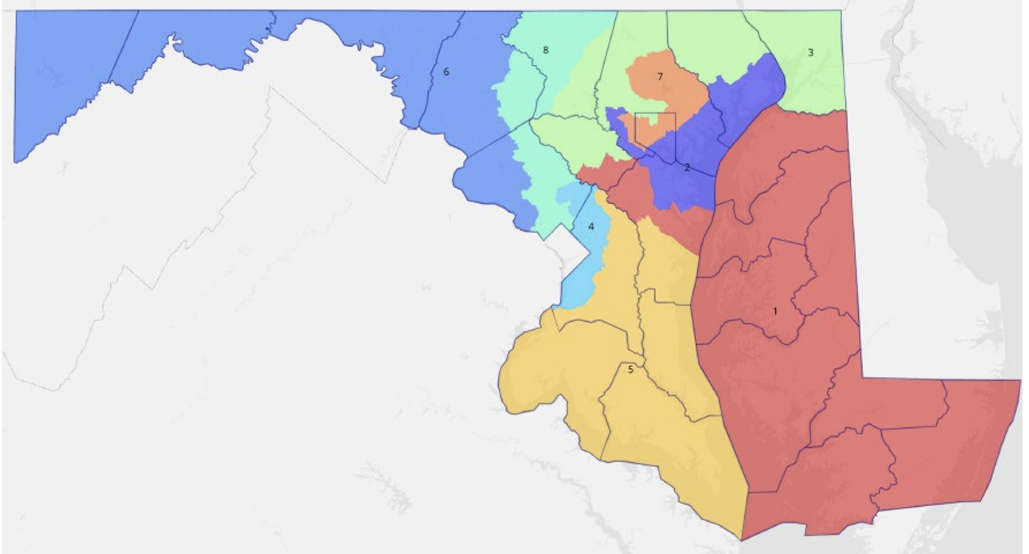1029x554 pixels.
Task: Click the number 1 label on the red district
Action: [775, 312]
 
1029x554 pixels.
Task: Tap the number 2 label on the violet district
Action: [687, 168]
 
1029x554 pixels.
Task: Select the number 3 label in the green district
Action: [810, 53]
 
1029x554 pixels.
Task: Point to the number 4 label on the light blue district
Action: [591, 227]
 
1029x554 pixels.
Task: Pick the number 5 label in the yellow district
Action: [630, 370]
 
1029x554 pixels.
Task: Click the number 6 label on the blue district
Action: [446, 72]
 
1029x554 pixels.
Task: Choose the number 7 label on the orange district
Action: [660, 77]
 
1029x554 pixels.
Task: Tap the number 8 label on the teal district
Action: [545, 50]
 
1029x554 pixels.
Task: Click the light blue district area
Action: [583, 271]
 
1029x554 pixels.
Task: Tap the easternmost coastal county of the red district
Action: [955, 442]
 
